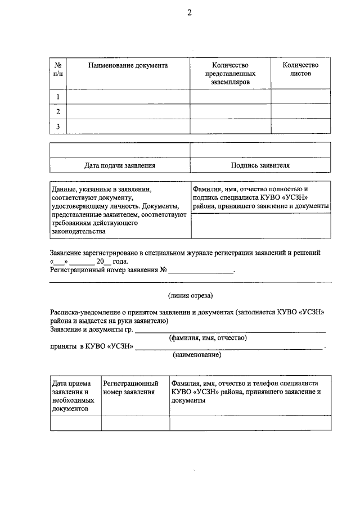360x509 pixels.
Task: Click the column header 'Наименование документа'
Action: [x=128, y=66]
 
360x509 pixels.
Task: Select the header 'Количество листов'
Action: [x=300, y=70]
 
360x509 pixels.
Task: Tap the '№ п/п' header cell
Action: [x=57, y=70]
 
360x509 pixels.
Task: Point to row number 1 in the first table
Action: [x=57, y=97]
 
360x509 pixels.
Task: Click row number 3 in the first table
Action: [x=57, y=127]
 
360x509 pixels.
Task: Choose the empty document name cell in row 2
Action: [x=128, y=112]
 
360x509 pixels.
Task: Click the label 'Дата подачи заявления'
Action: [x=120, y=166]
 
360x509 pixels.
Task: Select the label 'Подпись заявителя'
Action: [x=260, y=166]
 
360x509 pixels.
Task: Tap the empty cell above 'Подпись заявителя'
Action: [x=260, y=151]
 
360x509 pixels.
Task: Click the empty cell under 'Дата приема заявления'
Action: [x=75, y=423]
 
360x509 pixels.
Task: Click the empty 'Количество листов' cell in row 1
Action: [x=300, y=97]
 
